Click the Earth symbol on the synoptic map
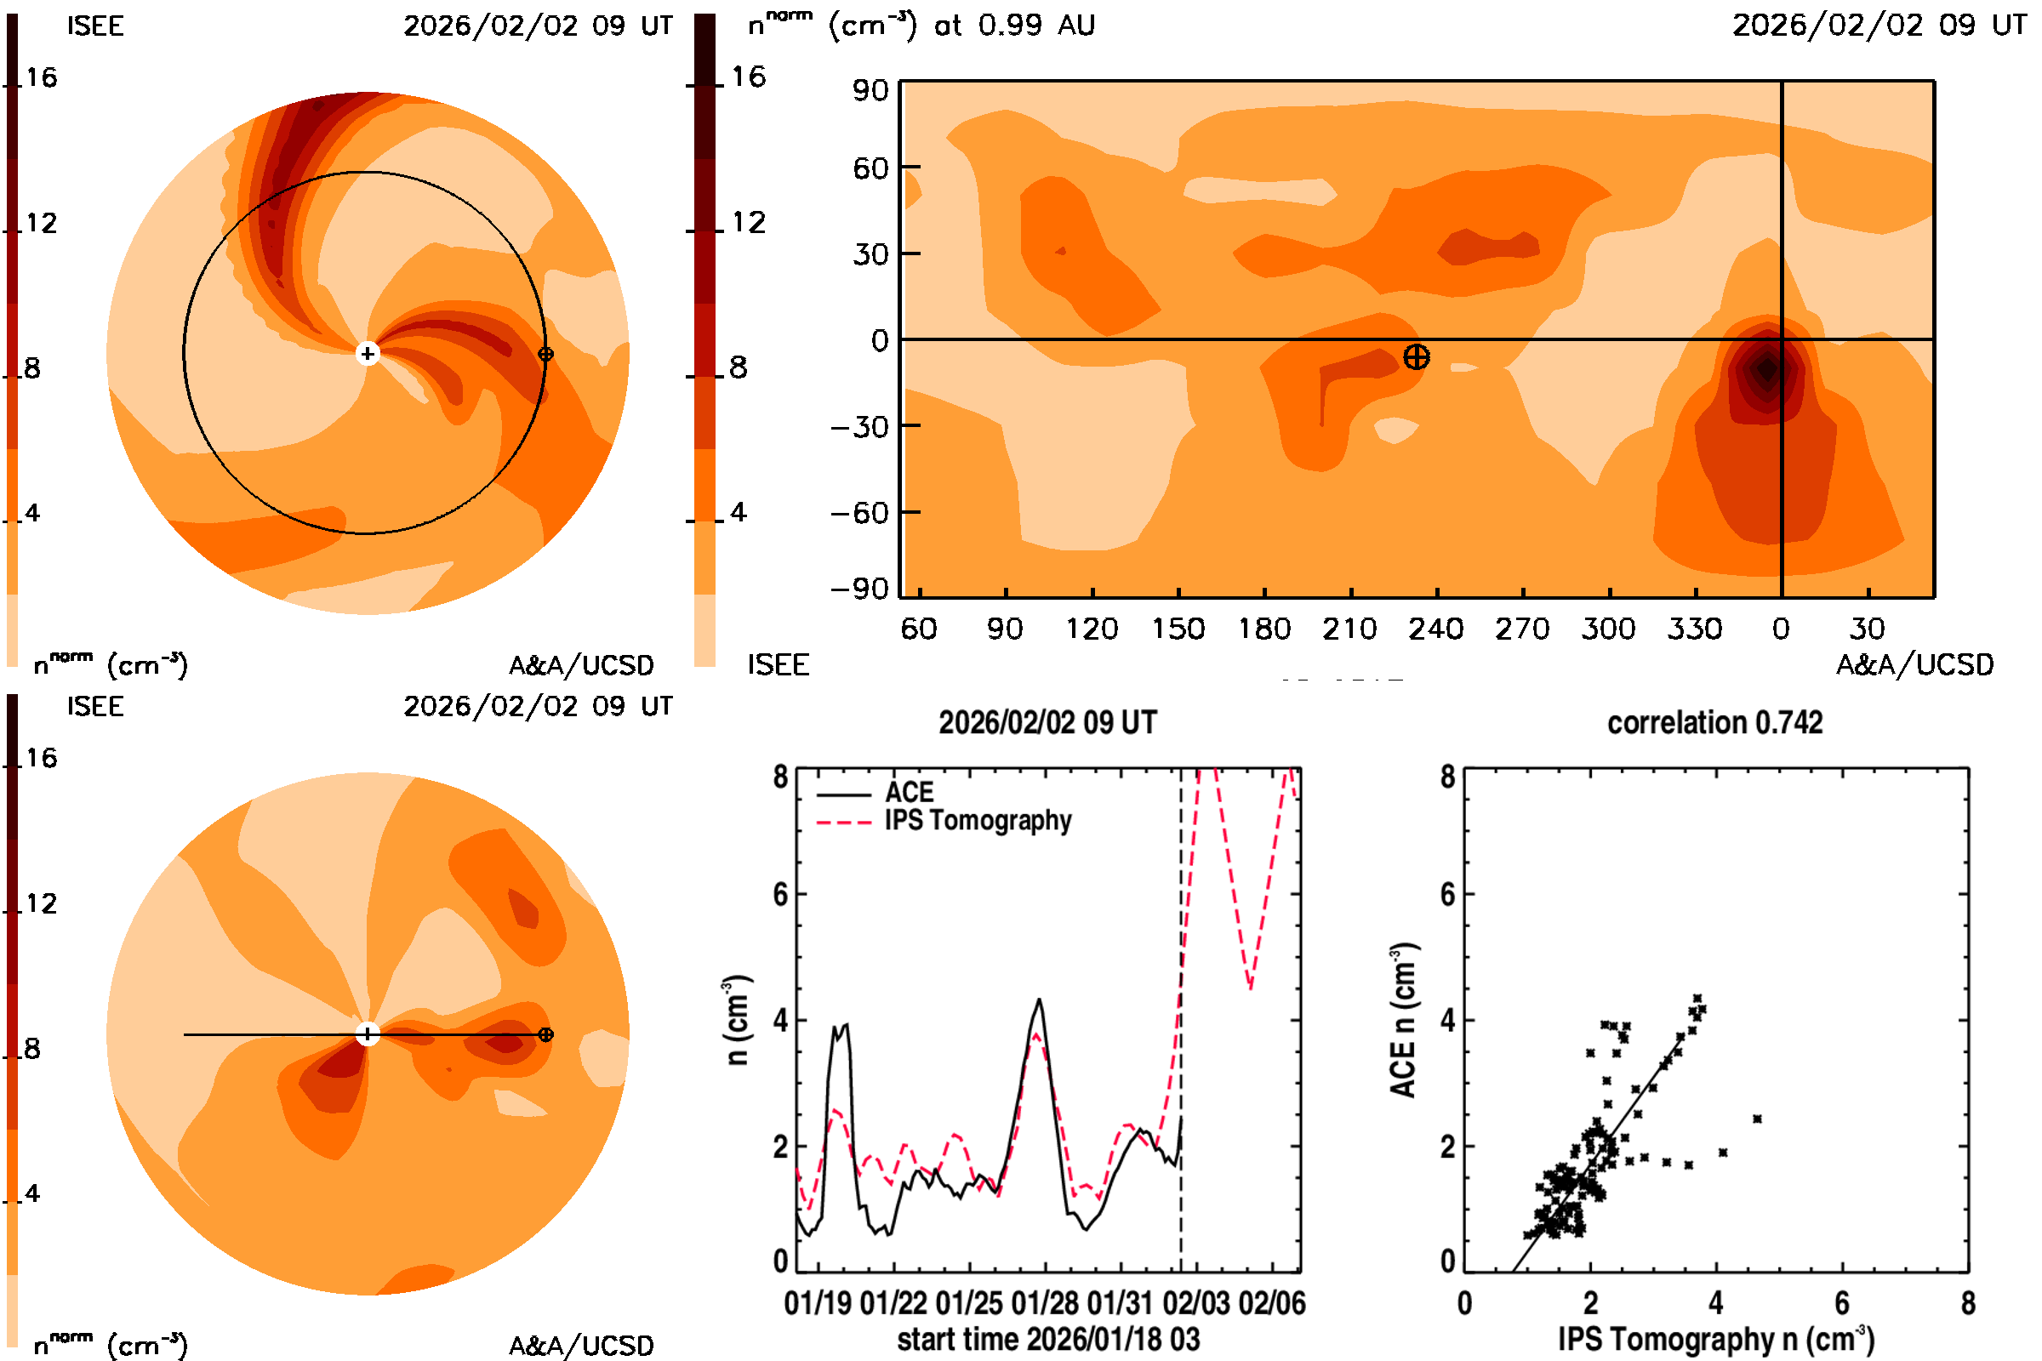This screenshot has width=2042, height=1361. [x=1416, y=356]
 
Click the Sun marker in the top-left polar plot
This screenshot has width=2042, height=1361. [x=368, y=353]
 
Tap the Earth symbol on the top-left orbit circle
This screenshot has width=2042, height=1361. [x=545, y=354]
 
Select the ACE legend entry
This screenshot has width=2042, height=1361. [x=909, y=793]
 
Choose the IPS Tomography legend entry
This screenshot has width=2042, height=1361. [x=978, y=820]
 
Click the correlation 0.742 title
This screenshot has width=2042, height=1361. [x=1714, y=723]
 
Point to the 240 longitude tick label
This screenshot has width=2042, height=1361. [x=1436, y=629]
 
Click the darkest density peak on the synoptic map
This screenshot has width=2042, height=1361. [x=1767, y=369]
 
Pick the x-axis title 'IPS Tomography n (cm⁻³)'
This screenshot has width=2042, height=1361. [x=1715, y=1339]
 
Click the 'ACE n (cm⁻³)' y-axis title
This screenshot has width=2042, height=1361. [x=1403, y=1020]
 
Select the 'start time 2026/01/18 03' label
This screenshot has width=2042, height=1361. [x=1048, y=1339]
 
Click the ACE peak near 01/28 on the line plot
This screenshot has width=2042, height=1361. [x=1039, y=1000]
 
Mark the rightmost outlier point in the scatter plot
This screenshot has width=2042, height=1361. [x=1757, y=1119]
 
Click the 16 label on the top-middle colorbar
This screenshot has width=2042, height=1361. [x=749, y=77]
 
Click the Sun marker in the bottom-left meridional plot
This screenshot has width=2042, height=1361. [x=368, y=1034]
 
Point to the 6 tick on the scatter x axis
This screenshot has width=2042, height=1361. [x=1841, y=1303]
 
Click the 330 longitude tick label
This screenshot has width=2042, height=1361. [x=1694, y=629]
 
